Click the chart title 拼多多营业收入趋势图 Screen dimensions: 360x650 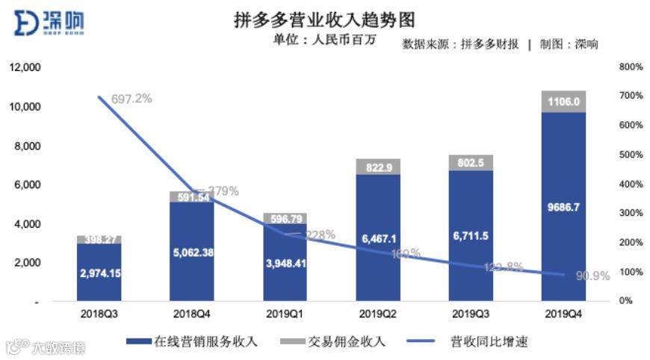[324, 19]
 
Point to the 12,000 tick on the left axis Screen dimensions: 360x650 [25, 67]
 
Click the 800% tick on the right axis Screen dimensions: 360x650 [631, 67]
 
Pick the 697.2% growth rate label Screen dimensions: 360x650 [132, 99]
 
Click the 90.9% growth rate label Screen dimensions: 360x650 [594, 276]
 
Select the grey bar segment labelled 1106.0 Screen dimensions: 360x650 [563, 102]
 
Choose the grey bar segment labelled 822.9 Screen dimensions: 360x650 [378, 167]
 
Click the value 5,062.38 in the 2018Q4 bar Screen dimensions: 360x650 [192, 252]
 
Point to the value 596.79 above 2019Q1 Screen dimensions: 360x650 [285, 219]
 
